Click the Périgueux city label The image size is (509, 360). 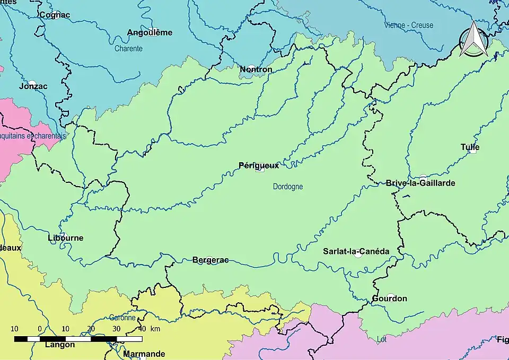tap(258, 165)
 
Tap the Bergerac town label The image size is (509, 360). tap(210, 260)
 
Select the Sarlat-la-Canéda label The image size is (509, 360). tap(356, 251)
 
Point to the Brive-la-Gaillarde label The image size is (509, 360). tap(420, 183)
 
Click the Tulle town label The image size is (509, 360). tap(470, 147)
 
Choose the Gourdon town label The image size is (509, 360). tap(389, 298)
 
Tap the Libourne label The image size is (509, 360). tap(65, 238)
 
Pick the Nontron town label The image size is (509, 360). tap(256, 69)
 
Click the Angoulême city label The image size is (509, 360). tap(150, 33)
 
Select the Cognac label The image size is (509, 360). tap(55, 15)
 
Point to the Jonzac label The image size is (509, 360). tap(33, 86)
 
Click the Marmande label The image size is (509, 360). tap(144, 354)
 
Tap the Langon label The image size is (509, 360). tap(59, 345)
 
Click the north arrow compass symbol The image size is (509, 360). tap(473, 40)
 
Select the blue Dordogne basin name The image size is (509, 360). tap(288, 187)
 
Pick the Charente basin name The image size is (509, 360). tap(128, 49)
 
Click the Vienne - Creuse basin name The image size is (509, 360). tap(409, 25)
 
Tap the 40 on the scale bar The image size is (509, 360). tap(141, 329)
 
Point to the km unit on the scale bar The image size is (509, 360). tap(155, 329)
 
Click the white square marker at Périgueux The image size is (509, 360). tap(259, 169)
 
